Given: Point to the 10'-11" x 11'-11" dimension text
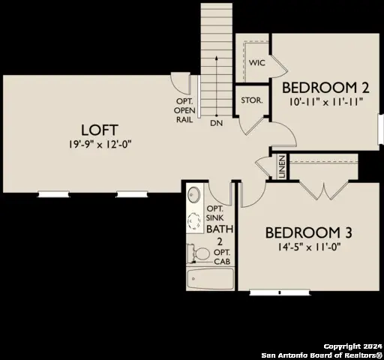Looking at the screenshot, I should point(326,99).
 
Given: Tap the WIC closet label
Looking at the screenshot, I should point(258,63).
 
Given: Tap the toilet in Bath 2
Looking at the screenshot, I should point(199,255).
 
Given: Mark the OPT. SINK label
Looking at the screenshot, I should point(215,212).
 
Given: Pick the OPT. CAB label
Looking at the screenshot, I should point(222,251).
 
